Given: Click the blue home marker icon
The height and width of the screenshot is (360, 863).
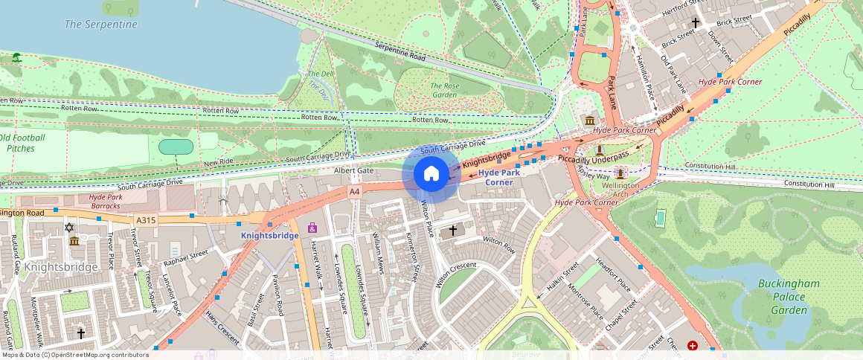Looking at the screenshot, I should pyautogui.click(x=431, y=174).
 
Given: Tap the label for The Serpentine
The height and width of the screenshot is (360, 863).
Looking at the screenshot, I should pyautogui.click(x=100, y=25).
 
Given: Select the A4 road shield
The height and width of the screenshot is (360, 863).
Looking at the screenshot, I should pyautogui.click(x=355, y=192).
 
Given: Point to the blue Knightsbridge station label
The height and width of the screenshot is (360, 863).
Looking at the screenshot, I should pyautogui.click(x=269, y=235).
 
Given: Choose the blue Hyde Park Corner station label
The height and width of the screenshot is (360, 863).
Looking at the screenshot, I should pyautogui.click(x=499, y=177).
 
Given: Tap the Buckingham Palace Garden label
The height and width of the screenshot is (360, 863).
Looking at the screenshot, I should pyautogui.click(x=789, y=297).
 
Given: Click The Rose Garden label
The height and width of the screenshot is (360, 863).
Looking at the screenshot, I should pyautogui.click(x=444, y=90).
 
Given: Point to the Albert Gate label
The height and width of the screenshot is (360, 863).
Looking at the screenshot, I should pyautogui.click(x=353, y=171).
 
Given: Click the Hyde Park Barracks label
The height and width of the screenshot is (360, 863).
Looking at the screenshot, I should pyautogui.click(x=100, y=202).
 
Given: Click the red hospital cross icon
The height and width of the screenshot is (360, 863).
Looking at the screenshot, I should pyautogui.click(x=693, y=346).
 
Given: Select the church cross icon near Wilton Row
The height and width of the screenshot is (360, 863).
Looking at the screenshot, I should pyautogui.click(x=452, y=232).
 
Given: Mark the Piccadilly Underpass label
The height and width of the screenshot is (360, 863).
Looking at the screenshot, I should pyautogui.click(x=593, y=158).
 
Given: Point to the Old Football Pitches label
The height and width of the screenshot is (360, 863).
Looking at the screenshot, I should pyautogui.click(x=22, y=143).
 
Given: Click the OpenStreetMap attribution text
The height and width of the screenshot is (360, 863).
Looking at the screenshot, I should pyautogui.click(x=74, y=355).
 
